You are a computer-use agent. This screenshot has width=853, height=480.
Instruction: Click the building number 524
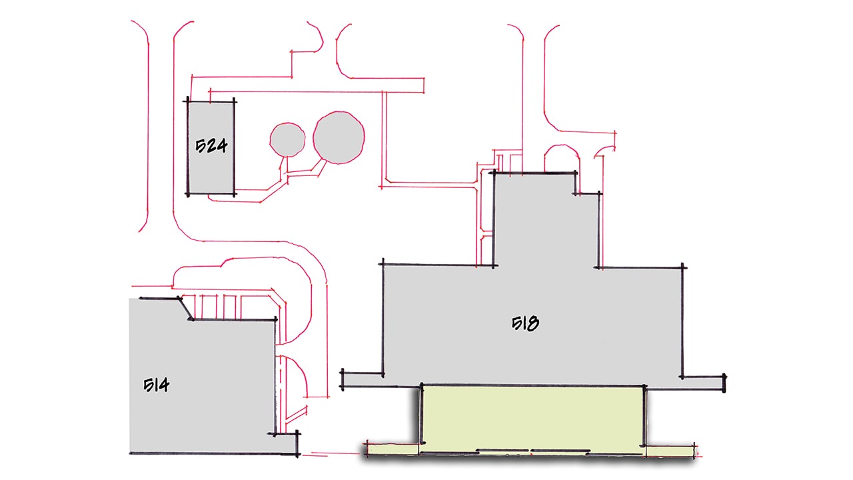click(x=211, y=145)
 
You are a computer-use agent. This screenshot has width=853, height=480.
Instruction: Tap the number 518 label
click(x=525, y=323)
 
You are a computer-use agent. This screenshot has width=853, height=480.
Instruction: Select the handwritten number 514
click(x=157, y=385)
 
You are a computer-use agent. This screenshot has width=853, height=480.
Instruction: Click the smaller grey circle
click(x=287, y=139)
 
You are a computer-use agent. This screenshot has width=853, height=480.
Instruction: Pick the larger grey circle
click(x=339, y=137)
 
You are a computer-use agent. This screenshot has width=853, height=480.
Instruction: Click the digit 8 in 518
click(x=534, y=324)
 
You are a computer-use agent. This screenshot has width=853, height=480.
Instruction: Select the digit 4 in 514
click(x=164, y=385)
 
